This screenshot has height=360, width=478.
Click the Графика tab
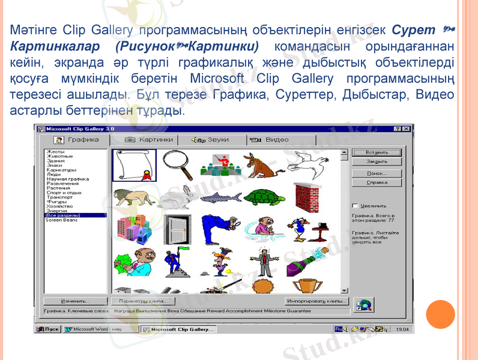click(x=76, y=140)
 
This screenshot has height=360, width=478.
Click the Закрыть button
click(x=377, y=161)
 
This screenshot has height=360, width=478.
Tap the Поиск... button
click(x=377, y=173)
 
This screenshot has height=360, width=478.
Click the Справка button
click(x=377, y=182)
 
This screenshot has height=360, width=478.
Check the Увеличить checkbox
click(x=355, y=205)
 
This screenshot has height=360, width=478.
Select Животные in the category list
click(x=59, y=157)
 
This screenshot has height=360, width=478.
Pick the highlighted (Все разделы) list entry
click(x=63, y=215)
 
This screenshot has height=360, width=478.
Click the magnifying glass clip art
click(x=177, y=164)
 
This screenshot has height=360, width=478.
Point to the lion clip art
click(x=132, y=197)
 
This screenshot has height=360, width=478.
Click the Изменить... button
click(x=75, y=301)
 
